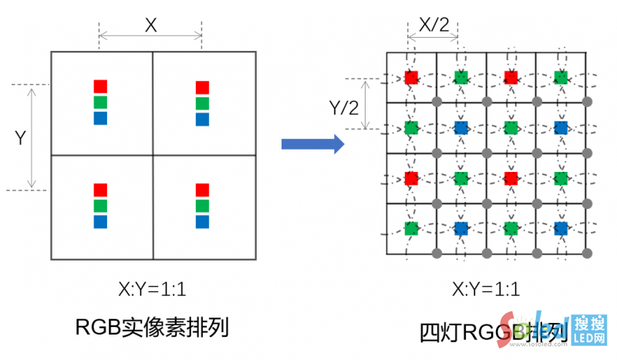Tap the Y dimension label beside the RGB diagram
coord(21,138)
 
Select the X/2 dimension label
coord(433,25)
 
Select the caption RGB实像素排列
coord(152,326)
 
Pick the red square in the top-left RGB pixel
coord(100,86)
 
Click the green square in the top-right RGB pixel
coord(202,103)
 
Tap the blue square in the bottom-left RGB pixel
coord(100,222)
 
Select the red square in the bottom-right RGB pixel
coord(202,190)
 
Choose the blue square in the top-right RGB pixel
coord(202,119)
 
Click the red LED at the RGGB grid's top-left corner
coord(411,77)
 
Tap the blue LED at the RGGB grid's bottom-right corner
coord(561,228)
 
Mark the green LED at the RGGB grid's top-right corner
coord(561,77)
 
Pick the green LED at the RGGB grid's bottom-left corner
coord(411,228)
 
